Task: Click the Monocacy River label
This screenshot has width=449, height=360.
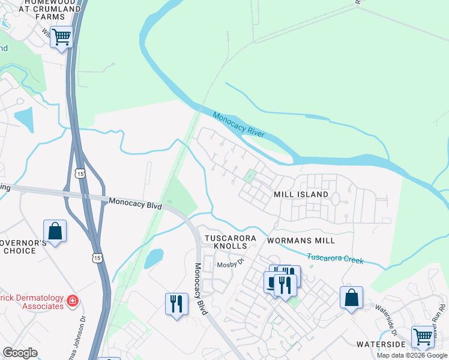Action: [x=239, y=125]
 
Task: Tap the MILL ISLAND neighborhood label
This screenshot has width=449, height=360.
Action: [x=301, y=194]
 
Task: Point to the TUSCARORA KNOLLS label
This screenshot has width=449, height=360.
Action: [x=231, y=242]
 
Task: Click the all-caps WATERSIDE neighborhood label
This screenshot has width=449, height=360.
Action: [x=381, y=344]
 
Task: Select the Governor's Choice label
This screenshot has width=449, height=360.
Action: [x=25, y=246]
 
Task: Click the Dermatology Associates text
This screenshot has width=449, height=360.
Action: [x=31, y=302]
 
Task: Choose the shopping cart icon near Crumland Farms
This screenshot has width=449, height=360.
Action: [x=61, y=37]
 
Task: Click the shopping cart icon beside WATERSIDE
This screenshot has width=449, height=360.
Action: [x=423, y=337]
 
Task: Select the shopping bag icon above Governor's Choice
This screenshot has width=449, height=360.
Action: [x=55, y=231]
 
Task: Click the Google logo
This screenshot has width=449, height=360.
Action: [x=20, y=353]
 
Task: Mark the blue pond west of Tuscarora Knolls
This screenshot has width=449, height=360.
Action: [x=154, y=259]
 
